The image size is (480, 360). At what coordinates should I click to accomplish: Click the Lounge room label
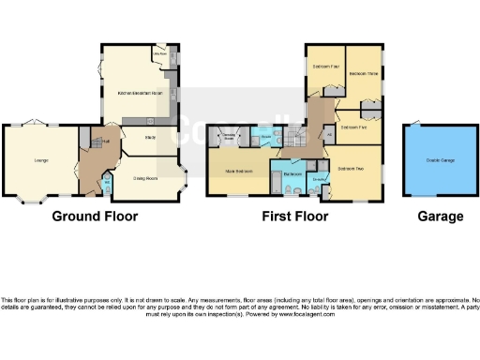click(41, 161)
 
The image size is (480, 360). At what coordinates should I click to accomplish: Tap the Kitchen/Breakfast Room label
click(140, 94)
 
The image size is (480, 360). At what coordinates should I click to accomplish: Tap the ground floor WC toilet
click(107, 188)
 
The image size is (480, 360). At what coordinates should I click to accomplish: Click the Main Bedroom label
click(241, 172)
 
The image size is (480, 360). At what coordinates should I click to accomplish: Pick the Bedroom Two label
click(352, 168)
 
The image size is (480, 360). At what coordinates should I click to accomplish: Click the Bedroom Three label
click(363, 73)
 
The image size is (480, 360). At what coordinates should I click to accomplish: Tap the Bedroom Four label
click(325, 67)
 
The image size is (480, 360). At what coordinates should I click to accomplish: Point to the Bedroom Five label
click(353, 126)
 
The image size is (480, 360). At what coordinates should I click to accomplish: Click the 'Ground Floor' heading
click(95, 216)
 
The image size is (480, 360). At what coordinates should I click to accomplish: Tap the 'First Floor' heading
click(295, 216)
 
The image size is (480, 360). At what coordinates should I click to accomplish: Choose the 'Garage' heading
click(440, 216)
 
